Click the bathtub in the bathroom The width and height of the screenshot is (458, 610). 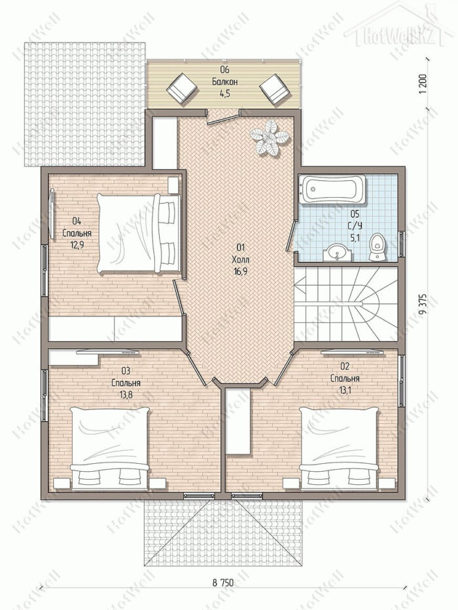point(334,189)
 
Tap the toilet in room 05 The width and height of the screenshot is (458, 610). point(377,246)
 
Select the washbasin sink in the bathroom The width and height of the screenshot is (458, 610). point(337,252)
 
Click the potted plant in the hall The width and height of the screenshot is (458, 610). point(270,138)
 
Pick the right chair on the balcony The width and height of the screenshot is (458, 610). point(274,88)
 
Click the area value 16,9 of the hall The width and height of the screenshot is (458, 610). point(239,271)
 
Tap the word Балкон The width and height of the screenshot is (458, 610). point(224,82)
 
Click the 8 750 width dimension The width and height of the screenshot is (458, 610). point(223,582)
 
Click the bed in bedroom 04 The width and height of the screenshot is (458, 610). point(138,233)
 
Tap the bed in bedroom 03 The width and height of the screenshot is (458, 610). point(110,448)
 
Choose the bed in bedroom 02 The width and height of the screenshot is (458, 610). point(340,448)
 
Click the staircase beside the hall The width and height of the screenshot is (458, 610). point(346,303)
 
